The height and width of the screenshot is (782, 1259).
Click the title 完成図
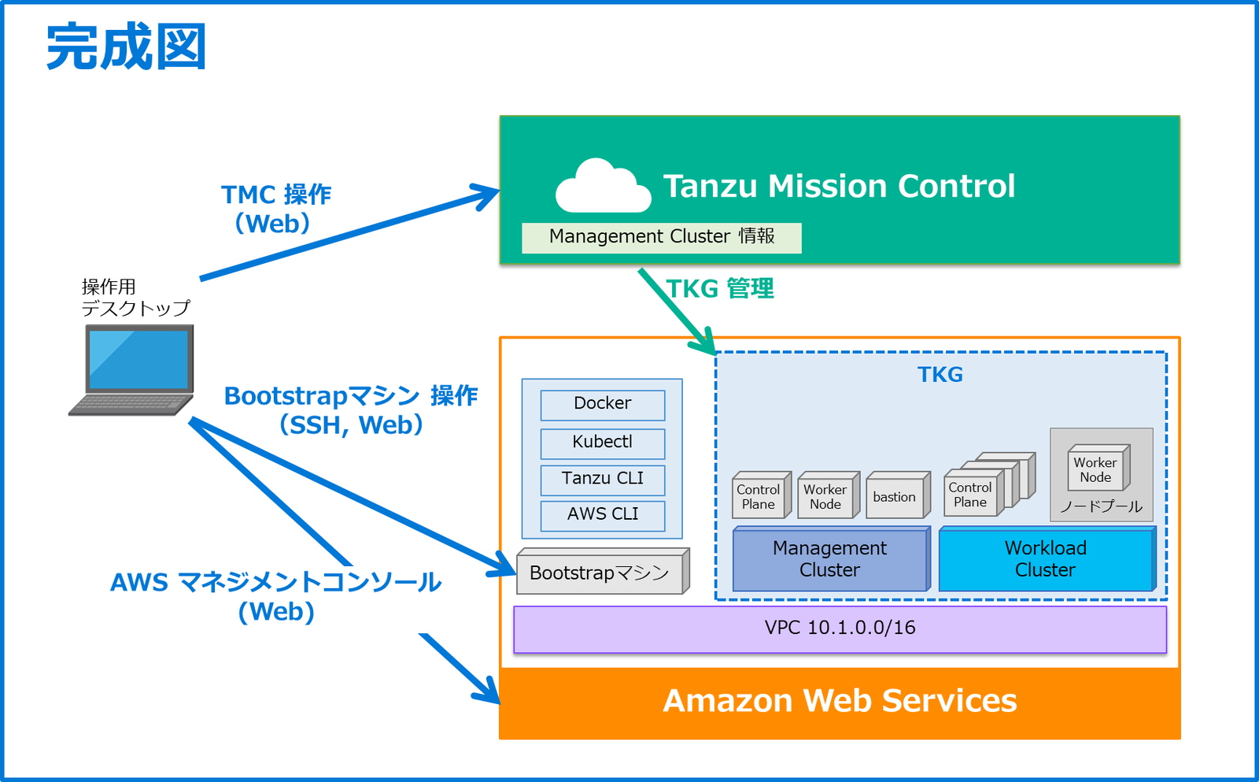pyautogui.click(x=127, y=47)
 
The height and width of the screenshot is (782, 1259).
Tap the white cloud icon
pyautogui.click(x=602, y=187)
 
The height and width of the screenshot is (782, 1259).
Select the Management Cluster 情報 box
pyautogui.click(x=662, y=237)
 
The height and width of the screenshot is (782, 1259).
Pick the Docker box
pyautogui.click(x=602, y=404)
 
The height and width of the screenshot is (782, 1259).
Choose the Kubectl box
pyautogui.click(x=602, y=443)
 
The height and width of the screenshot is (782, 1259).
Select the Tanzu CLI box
pyautogui.click(x=602, y=479)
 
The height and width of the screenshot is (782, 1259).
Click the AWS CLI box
pyautogui.click(x=602, y=515)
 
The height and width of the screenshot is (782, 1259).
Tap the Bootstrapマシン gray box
pyautogui.click(x=600, y=573)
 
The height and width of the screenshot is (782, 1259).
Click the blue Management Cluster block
pyautogui.click(x=830, y=559)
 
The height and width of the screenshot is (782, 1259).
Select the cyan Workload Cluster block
pyautogui.click(x=1045, y=559)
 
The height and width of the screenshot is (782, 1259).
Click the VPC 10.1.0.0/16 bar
pyautogui.click(x=840, y=628)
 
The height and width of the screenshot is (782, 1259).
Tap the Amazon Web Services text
pyautogui.click(x=840, y=701)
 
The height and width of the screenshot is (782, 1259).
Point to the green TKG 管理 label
pyautogui.click(x=720, y=289)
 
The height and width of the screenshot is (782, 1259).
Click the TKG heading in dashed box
pyautogui.click(x=940, y=375)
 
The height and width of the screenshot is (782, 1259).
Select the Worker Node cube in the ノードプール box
pyautogui.click(x=1095, y=470)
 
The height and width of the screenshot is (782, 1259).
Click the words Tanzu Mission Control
pyautogui.click(x=839, y=187)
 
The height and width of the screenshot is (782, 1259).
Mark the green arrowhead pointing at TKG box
pyautogui.click(x=706, y=343)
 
